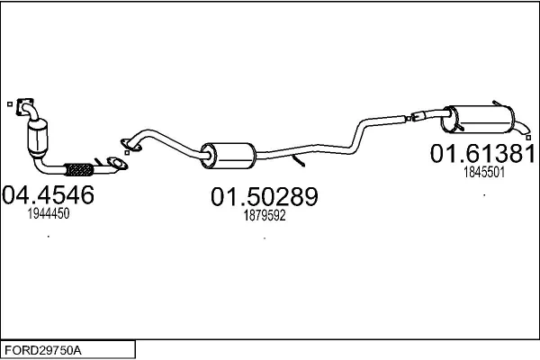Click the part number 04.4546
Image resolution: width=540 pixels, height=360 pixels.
[x=49, y=194]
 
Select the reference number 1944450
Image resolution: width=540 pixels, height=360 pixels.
[x=49, y=213]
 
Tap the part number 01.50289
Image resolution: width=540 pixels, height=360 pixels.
[x=265, y=197]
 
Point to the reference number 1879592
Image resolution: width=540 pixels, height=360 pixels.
[x=265, y=216]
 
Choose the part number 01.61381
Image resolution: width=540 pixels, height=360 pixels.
[x=483, y=153]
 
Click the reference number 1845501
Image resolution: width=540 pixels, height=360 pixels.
[x=484, y=172]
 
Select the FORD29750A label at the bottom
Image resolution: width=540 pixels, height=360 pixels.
[x=43, y=350]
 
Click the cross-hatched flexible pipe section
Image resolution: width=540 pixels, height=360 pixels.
[x=79, y=169]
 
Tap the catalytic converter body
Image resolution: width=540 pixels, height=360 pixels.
[x=38, y=139]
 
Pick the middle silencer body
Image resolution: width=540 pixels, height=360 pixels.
[x=229, y=156]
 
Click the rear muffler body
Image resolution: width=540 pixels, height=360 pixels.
[x=478, y=120]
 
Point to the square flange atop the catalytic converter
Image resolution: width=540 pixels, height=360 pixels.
[x=25, y=106]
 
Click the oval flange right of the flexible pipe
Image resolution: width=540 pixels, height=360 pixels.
[x=117, y=164]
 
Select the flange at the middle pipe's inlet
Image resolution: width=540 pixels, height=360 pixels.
[x=130, y=145]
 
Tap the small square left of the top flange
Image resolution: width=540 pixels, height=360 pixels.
[x=10, y=103]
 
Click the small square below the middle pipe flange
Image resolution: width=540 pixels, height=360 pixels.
[x=127, y=153]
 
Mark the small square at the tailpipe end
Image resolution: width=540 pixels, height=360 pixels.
[x=528, y=138]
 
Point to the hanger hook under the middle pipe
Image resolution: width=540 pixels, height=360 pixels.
[x=298, y=160]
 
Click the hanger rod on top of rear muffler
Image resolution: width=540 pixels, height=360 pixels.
[x=498, y=103]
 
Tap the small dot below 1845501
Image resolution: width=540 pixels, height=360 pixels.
[x=484, y=195]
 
